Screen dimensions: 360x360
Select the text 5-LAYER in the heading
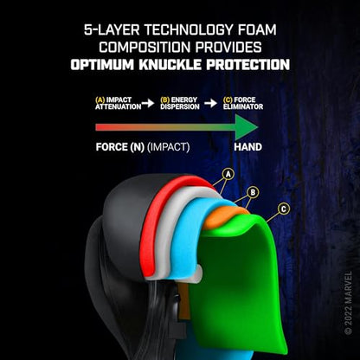(112, 29)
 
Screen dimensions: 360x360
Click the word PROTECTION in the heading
(247, 64)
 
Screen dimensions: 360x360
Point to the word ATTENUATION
(119, 106)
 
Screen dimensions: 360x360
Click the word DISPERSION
(180, 106)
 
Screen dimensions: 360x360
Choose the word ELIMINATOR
(243, 106)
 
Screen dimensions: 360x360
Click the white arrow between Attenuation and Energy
(148, 103)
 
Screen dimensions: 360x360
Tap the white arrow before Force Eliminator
(211, 103)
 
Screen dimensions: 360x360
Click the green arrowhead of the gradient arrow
(246, 127)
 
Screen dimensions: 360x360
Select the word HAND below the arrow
(247, 147)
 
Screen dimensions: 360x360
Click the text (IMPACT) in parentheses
(169, 147)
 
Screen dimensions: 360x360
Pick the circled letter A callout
(228, 174)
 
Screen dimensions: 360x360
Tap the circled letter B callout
(253, 192)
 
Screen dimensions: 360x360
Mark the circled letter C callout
(284, 209)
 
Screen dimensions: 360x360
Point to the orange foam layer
(222, 219)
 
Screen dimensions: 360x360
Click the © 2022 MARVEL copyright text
(348, 303)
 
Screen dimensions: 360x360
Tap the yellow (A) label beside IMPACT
(100, 100)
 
